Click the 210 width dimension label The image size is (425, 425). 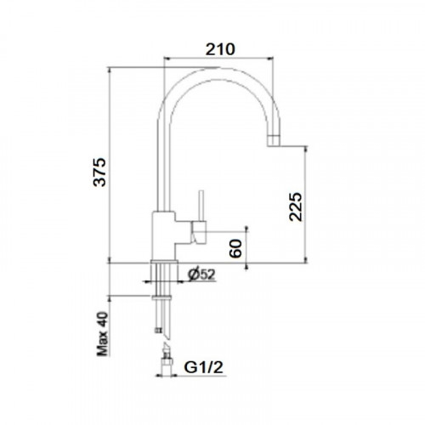pyautogui.click(x=220, y=49)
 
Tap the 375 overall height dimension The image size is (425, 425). pyautogui.click(x=99, y=172)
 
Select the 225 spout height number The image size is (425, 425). pyautogui.click(x=296, y=207)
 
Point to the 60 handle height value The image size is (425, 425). pyautogui.click(x=235, y=248)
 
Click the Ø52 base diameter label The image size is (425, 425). pyautogui.click(x=201, y=275)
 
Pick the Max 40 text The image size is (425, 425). pyautogui.click(x=103, y=334)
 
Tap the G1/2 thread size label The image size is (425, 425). pyautogui.click(x=203, y=367)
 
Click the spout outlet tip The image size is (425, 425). pyautogui.click(x=274, y=141)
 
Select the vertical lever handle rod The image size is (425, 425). pyautogui.click(x=201, y=205)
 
